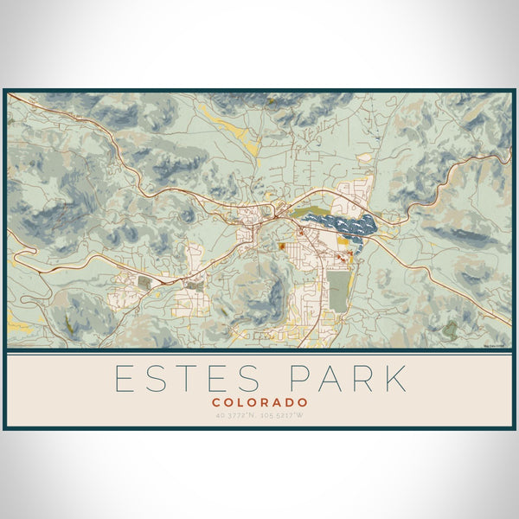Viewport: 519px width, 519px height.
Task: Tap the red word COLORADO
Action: pyautogui.click(x=259, y=402)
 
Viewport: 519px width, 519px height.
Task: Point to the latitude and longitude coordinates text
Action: pyautogui.click(x=259, y=416)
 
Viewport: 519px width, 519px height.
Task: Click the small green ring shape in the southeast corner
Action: pyautogui.click(x=450, y=329)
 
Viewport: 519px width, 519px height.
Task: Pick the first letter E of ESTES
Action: pyautogui.click(x=125, y=379)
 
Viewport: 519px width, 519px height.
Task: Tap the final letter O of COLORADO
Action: pyautogui.click(x=302, y=402)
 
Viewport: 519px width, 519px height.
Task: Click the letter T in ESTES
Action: pyautogui.click(x=189, y=379)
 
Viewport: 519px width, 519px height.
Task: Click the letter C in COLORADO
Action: pyautogui.click(x=216, y=402)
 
